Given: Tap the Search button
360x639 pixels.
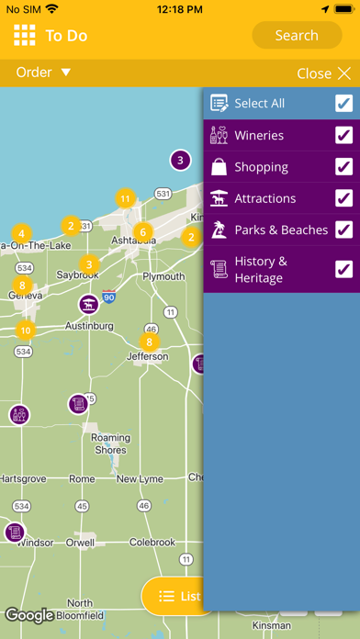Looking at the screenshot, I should pyautogui.click(x=296, y=36).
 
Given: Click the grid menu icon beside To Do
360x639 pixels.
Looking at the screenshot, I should pyautogui.click(x=24, y=36).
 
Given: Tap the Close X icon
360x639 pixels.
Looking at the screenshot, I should pyautogui.click(x=344, y=73).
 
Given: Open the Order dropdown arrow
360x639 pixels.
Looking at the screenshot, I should pyautogui.click(x=65, y=73).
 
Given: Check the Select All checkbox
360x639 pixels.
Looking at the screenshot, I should pyautogui.click(x=343, y=104).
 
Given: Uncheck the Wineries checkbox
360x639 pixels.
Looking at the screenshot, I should pyautogui.click(x=343, y=136).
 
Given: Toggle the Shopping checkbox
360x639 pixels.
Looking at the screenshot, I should pyautogui.click(x=343, y=167).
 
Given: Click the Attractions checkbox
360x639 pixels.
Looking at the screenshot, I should pyautogui.click(x=343, y=198).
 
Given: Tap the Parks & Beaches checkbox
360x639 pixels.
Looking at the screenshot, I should pyautogui.click(x=343, y=230).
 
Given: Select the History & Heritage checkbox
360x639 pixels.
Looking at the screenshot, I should pyautogui.click(x=343, y=268).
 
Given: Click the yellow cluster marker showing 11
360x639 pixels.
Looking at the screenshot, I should pyautogui.click(x=126, y=197).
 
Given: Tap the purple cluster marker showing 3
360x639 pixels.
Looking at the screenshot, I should pyautogui.click(x=180, y=161).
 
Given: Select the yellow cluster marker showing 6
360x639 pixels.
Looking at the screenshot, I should pyautogui.click(x=142, y=231).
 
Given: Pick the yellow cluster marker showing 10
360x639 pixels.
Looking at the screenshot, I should pyautogui.click(x=25, y=331).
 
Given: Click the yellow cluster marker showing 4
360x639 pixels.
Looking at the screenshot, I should pyautogui.click(x=20, y=233).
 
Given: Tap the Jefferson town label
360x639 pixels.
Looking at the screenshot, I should pyautogui.click(x=148, y=357).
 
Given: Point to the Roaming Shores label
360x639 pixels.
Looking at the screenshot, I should pyautogui.click(x=110, y=444).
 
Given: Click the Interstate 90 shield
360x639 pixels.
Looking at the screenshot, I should pyautogui.click(x=108, y=300).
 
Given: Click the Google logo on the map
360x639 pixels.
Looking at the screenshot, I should pyautogui.click(x=29, y=615).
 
